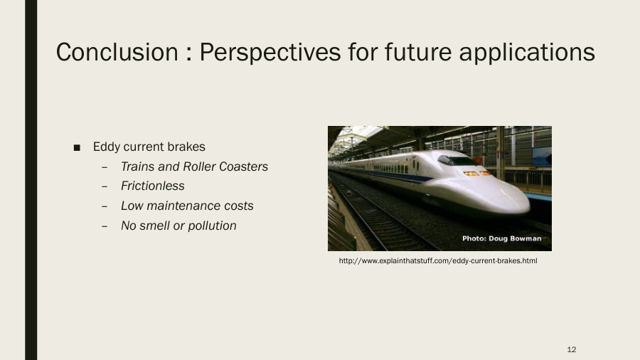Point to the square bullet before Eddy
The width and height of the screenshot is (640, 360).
point(77,147)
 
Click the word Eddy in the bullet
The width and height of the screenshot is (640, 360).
point(106,147)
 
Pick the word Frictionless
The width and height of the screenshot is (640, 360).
point(152,186)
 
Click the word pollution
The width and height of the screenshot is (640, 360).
point(211,226)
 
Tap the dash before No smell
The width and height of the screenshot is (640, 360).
point(105,226)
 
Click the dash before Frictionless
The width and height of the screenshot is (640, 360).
point(105,186)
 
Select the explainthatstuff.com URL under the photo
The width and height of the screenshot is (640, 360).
point(437,261)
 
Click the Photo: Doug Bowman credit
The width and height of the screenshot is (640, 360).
point(501,238)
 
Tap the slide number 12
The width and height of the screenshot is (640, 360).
point(572,349)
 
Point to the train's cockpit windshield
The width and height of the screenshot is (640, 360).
point(454,160)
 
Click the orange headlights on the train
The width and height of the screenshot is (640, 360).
point(476,173)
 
